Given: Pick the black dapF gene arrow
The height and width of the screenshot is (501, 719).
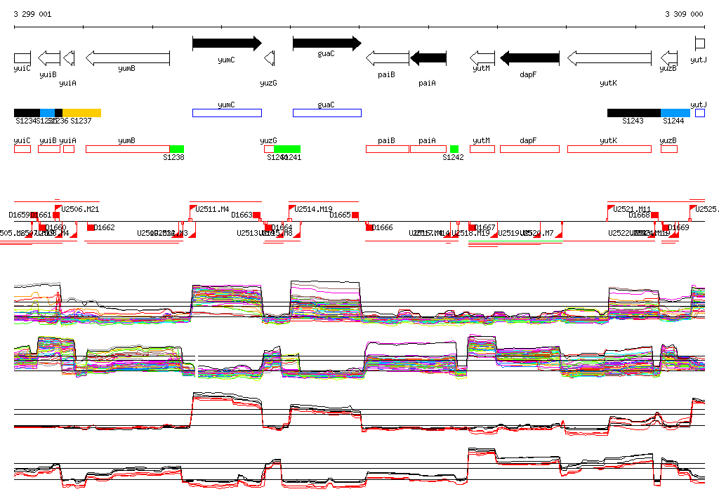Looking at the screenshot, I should point(529,58).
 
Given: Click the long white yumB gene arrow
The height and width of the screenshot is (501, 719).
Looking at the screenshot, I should point(127,58).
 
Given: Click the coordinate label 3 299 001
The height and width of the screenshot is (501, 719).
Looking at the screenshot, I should point(32,14).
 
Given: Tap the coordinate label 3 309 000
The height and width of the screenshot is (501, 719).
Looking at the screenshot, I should point(684,14).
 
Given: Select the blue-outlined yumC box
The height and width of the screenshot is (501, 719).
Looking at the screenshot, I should point(227,113).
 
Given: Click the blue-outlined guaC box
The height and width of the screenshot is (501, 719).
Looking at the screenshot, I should point(326,113).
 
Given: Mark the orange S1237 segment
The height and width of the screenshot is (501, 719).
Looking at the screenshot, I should point(82,113).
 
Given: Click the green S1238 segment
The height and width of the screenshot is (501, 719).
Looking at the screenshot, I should point(176,149).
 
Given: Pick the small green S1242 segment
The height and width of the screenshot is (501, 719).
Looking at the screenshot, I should point(454,149).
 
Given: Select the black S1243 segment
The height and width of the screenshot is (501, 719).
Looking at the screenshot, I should point(633,113).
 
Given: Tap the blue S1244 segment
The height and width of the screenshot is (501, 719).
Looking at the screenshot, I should point(675,113).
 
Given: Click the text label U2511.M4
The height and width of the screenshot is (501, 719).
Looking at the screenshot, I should point(212,209).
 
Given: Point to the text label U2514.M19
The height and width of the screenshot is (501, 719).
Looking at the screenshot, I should point(313,209).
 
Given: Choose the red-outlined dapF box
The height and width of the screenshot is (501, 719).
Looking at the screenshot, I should point(529,149).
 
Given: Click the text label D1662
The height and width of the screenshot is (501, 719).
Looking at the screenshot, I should point(104,227).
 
